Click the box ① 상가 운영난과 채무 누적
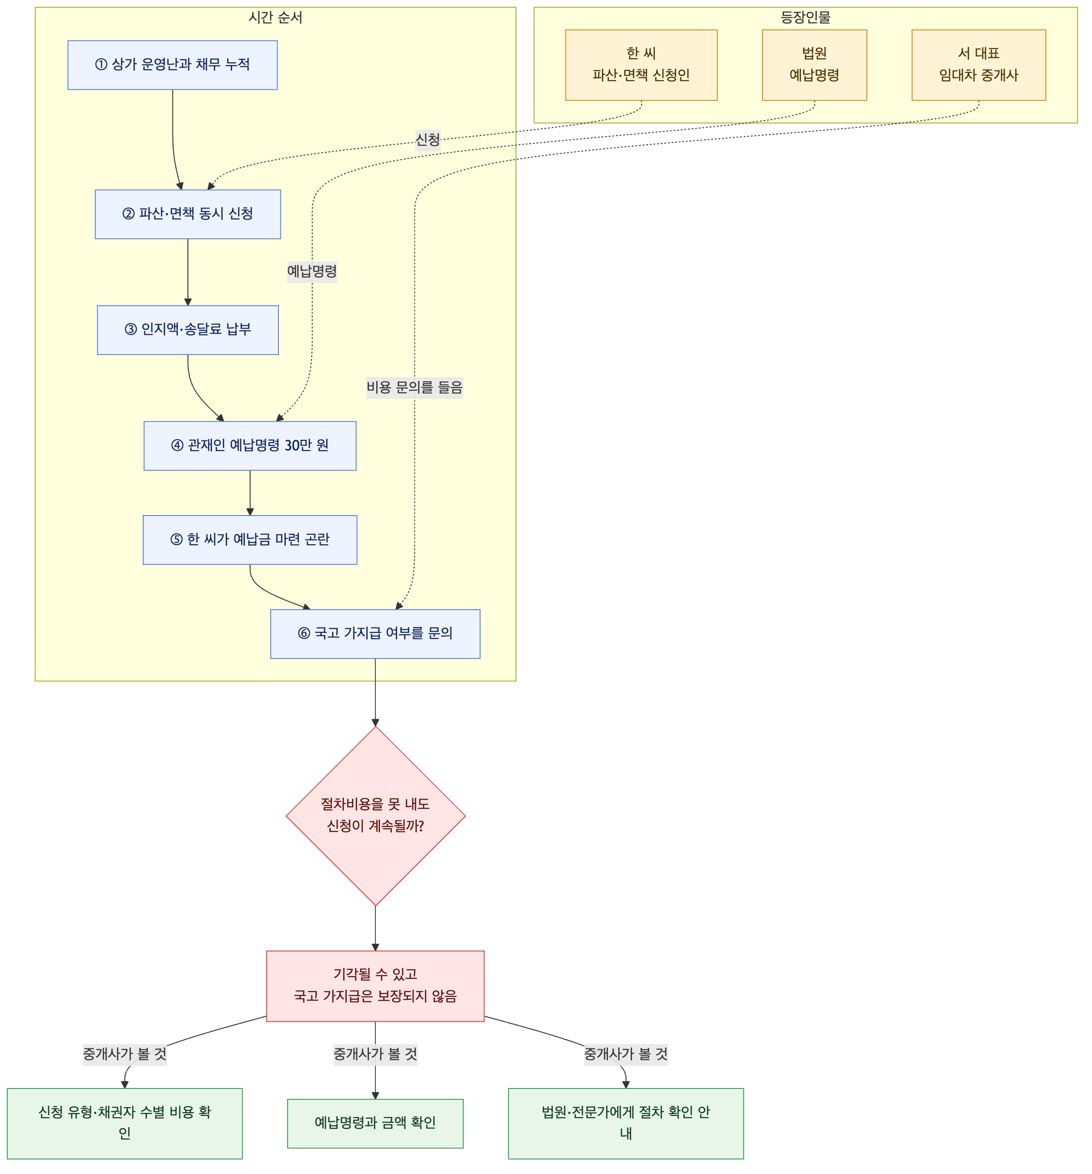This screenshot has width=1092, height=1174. (x=172, y=65)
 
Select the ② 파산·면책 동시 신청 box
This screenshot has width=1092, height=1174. (x=188, y=214)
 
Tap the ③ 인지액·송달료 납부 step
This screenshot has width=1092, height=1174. (x=188, y=330)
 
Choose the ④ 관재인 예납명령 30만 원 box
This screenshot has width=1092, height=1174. (x=250, y=446)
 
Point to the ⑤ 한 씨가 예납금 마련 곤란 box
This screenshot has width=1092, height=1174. (x=250, y=540)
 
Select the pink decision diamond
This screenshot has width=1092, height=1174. (x=376, y=816)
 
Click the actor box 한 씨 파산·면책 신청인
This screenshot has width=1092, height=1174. (x=642, y=65)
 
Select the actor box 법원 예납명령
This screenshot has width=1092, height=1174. (x=814, y=65)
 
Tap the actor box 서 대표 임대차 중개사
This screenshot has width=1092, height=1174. (x=979, y=65)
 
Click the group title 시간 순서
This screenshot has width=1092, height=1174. (x=275, y=18)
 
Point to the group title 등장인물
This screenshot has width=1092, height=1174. (x=805, y=18)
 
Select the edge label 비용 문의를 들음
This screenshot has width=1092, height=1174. (x=415, y=387)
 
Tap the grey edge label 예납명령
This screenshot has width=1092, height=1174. (x=312, y=272)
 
